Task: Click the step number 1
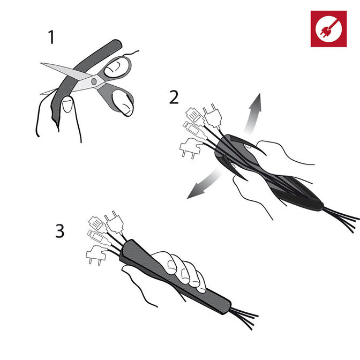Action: coord(51,37)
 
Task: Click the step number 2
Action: coord(174,97)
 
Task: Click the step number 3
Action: coord(59,231)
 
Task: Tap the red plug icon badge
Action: coord(328,29)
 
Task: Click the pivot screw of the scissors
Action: coord(94,81)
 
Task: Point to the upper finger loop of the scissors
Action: coord(117,67)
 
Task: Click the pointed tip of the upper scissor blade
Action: coord(41,63)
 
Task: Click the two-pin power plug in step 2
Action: coord(213,116)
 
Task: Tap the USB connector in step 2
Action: coord(194,130)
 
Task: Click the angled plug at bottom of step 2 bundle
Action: coord(191,148)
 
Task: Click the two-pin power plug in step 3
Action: coord(114,222)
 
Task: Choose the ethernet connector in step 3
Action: coord(98,223)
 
